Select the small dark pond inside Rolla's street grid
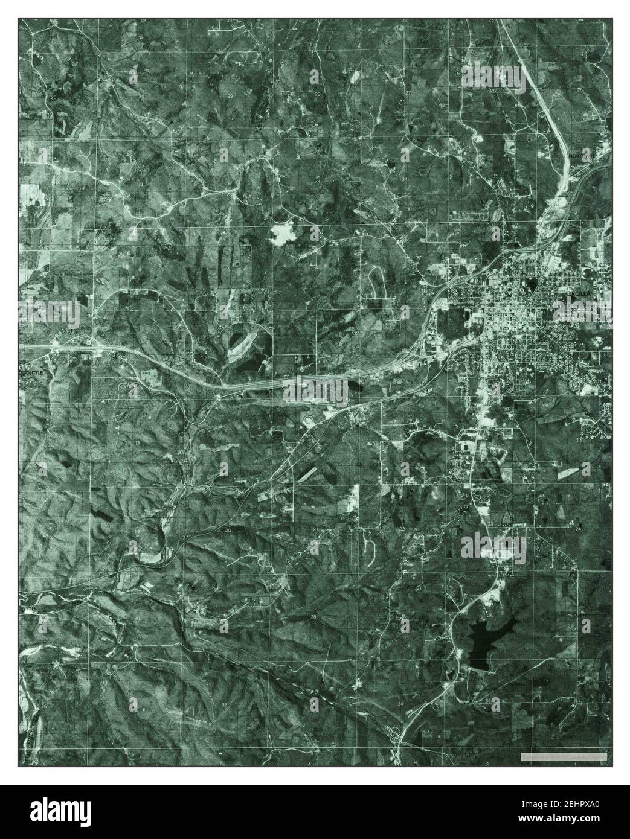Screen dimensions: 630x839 (x=531, y=284)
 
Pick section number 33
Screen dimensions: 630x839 (x=317, y=180)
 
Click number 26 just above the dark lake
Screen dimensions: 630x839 (x=489, y=615)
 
